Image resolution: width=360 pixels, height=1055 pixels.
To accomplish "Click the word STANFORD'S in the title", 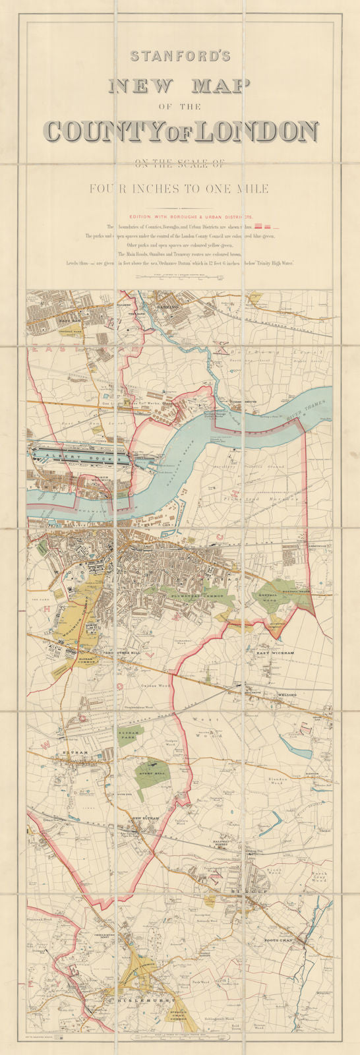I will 180,57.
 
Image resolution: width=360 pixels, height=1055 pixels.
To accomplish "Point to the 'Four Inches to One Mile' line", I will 179,189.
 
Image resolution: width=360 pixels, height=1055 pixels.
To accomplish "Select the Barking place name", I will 168,307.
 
